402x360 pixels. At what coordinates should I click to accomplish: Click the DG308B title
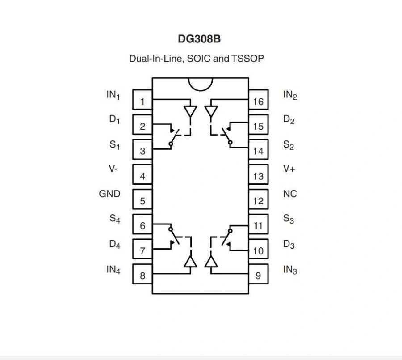coord(199,39)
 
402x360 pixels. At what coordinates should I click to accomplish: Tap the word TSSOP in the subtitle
coord(247,59)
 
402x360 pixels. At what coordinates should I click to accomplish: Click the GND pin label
coord(109,194)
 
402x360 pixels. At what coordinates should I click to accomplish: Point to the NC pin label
coord(290,194)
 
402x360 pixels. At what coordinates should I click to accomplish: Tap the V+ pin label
coord(289,169)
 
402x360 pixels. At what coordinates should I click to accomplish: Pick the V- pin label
coord(114,169)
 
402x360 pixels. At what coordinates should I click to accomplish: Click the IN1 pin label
coord(113,95)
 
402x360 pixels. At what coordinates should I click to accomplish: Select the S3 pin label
coord(289,220)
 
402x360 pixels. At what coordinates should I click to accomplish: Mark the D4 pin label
coord(114,245)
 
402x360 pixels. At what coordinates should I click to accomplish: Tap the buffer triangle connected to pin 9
coord(211,262)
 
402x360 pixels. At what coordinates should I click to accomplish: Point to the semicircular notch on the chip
coord(200,84)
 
